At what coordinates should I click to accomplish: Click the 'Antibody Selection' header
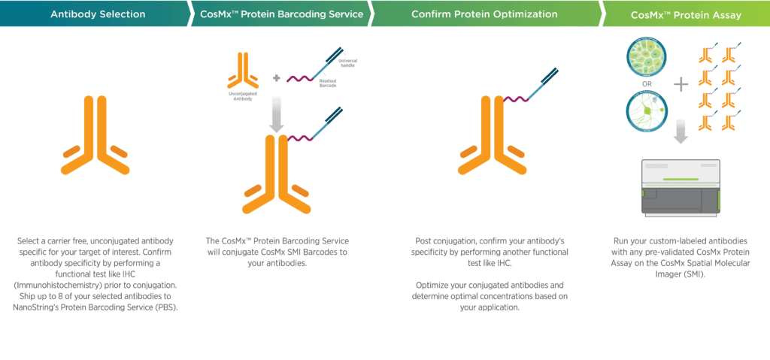click(x=98, y=14)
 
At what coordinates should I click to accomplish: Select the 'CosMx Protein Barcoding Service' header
click(x=282, y=14)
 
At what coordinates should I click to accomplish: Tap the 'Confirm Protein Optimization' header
click(x=485, y=14)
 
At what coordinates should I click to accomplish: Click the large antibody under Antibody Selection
click(x=98, y=140)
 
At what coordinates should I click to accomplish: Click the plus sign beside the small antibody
click(x=276, y=77)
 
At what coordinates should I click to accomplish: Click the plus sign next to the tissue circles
click(x=681, y=85)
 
